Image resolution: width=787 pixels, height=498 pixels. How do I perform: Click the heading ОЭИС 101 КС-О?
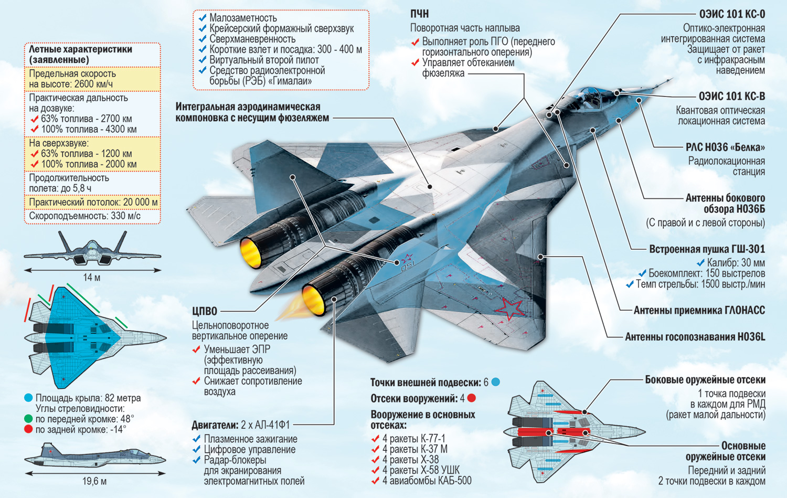732,14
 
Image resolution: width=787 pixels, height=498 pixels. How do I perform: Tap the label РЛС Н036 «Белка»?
725,147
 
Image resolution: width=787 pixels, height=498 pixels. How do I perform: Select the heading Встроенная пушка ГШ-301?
707,249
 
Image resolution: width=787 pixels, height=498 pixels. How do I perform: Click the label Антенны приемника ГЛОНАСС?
699,311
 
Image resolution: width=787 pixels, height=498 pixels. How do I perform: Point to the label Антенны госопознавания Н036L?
695,337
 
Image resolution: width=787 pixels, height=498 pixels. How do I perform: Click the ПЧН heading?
420,14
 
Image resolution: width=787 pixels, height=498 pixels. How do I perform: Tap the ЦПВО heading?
204,311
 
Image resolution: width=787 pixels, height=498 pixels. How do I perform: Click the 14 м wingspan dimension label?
91,278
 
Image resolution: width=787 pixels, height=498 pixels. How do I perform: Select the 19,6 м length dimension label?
94,481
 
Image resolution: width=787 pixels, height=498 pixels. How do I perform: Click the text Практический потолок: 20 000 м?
93,202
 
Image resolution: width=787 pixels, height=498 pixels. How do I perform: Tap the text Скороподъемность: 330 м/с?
84,216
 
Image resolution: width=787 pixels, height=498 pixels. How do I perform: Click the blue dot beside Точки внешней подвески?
495,382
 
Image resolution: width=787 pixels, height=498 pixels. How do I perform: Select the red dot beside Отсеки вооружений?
471,398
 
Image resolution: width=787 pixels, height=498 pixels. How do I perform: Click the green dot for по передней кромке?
28,419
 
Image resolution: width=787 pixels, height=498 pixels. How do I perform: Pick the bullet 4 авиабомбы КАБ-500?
427,481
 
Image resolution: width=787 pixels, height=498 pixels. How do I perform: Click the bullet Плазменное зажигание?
250,439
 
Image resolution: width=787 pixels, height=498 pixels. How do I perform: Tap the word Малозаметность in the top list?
243,18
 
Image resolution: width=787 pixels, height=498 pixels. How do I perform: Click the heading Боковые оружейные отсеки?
705,380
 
